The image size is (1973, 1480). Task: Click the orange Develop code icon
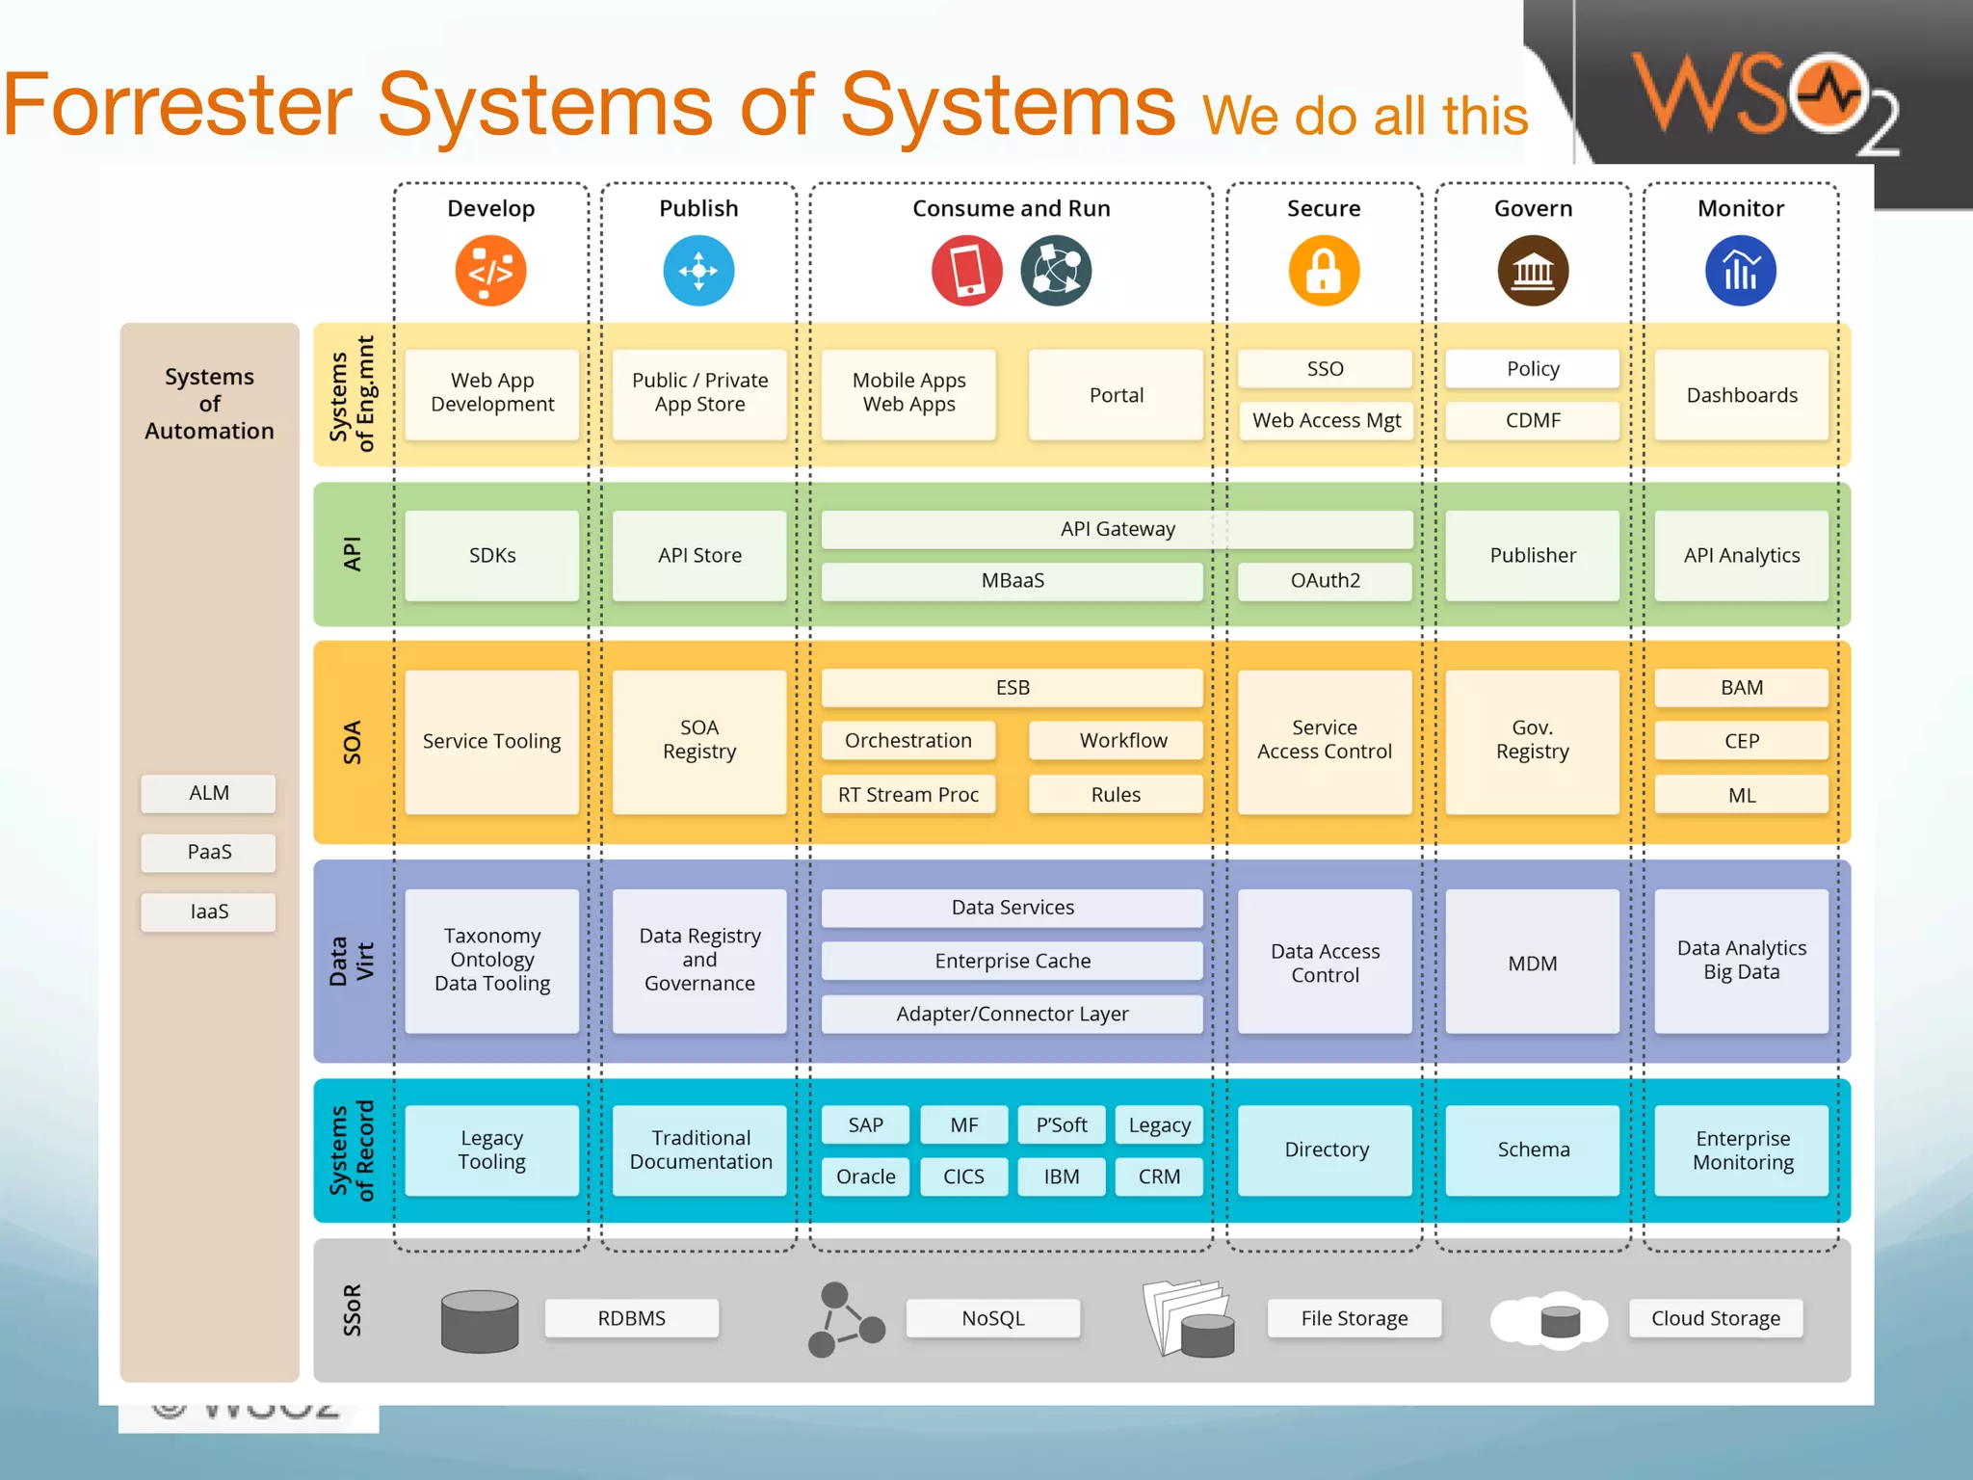pos(490,272)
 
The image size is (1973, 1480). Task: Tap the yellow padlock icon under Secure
pos(1324,272)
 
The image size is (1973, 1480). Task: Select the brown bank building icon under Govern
pos(1532,272)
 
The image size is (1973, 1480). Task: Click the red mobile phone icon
pos(966,272)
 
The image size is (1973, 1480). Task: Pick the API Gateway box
pos(1117,529)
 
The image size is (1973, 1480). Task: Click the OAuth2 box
pos(1325,581)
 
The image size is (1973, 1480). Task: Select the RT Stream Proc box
pos(908,795)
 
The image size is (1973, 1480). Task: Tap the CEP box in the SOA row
pos(1741,741)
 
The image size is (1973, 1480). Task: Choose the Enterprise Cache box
pos(1012,961)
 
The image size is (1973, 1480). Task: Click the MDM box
pos(1532,963)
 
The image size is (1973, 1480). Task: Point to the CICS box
pos(963,1176)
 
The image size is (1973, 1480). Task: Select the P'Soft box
pos(1061,1124)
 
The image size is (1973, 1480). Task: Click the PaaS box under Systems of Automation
pos(208,852)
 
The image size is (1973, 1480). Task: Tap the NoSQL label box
pos(992,1318)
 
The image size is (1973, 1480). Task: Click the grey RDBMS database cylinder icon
pos(480,1321)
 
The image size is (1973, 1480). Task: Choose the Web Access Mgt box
pos(1326,420)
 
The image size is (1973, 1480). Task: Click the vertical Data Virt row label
pos(352,961)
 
